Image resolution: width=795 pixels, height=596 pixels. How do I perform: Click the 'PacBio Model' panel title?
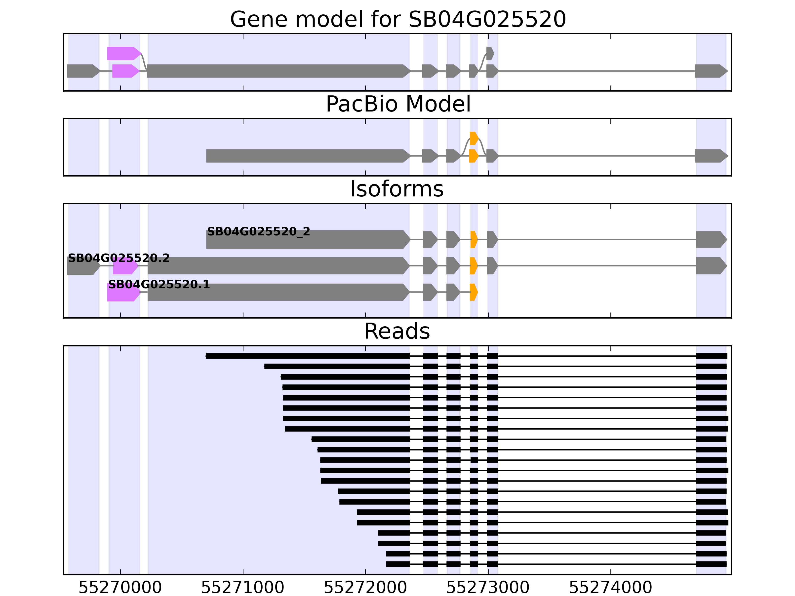(x=397, y=104)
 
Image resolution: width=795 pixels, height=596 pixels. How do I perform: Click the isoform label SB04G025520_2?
(x=258, y=232)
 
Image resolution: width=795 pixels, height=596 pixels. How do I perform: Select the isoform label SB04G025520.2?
(x=119, y=258)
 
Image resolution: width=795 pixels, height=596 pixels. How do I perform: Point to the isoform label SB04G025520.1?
(x=159, y=285)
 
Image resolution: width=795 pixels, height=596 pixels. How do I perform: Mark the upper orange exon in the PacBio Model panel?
(x=474, y=138)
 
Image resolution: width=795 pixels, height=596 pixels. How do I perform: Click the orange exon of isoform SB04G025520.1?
(x=473, y=292)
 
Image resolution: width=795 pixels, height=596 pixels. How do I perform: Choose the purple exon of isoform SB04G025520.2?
(x=125, y=266)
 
